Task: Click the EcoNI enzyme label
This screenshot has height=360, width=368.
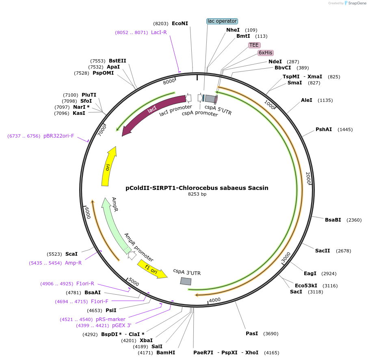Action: [180, 24]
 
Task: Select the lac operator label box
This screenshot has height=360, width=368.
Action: [222, 21]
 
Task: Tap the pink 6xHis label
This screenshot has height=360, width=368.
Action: [266, 53]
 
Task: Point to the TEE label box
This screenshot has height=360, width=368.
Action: [254, 45]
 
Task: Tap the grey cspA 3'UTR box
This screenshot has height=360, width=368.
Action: [186, 281]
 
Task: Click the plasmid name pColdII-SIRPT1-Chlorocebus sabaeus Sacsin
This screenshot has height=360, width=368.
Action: [197, 188]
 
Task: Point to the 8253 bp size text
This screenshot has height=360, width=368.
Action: [197, 194]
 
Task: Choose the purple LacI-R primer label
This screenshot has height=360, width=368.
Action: [159, 32]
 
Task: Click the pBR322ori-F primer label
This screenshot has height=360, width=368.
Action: [59, 136]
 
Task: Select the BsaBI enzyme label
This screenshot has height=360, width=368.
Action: [333, 220]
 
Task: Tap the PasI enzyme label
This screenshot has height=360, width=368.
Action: [252, 334]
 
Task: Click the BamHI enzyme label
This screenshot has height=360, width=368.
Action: [166, 353]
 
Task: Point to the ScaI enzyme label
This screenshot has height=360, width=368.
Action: [71, 254]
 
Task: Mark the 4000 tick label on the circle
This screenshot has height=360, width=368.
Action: [214, 300]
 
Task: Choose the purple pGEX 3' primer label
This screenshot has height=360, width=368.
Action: [122, 326]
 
